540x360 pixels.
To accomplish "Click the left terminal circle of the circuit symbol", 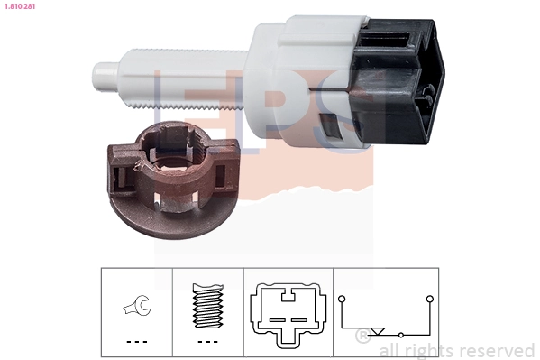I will click(x=341, y=298).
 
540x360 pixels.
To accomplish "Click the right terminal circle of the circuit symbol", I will click(x=430, y=298).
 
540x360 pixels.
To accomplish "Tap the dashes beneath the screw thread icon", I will click(x=207, y=342).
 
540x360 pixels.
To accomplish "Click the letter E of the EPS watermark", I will click(x=180, y=108).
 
